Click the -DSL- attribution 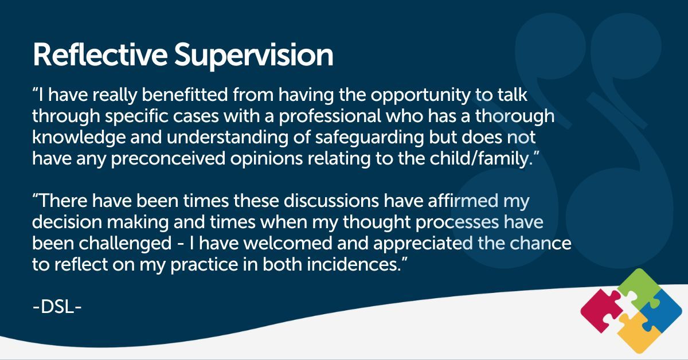coord(57,307)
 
